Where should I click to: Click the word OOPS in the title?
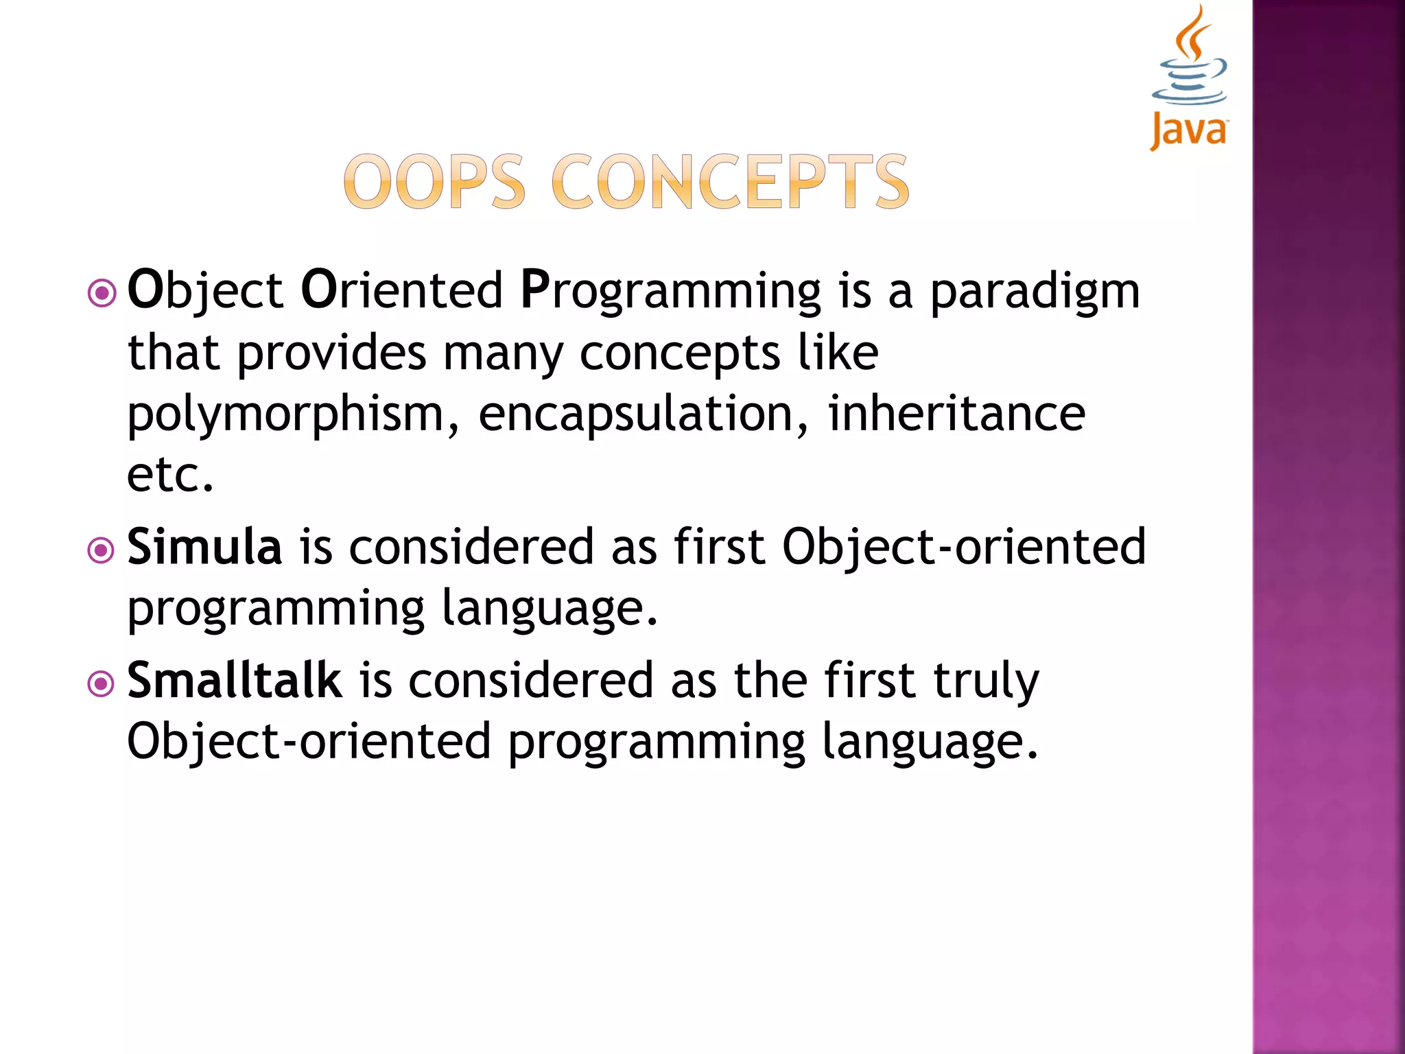(434, 182)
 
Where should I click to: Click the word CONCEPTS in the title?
(730, 182)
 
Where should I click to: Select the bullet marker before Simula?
(102, 550)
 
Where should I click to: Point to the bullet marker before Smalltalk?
(102, 683)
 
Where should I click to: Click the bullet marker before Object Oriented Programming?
(102, 294)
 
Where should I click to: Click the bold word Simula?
(204, 547)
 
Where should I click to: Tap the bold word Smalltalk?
(235, 680)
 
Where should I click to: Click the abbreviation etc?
(170, 475)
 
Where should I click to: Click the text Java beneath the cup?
(1189, 130)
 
